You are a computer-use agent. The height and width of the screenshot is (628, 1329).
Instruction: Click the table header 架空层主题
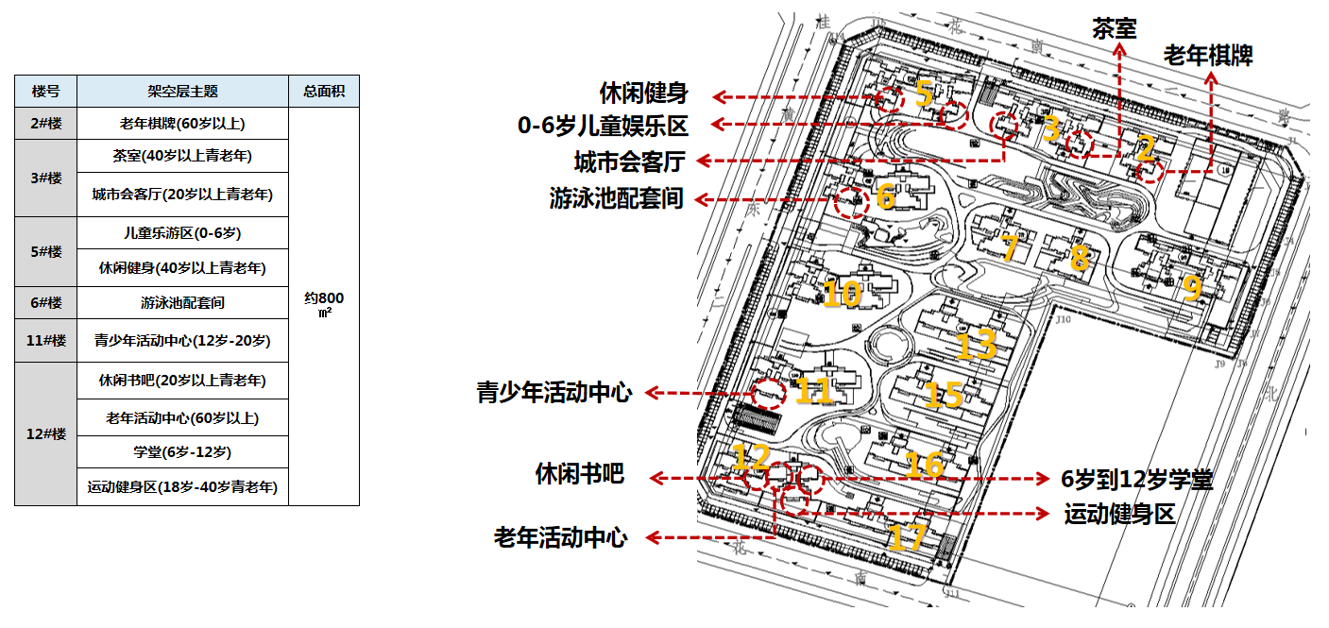(182, 92)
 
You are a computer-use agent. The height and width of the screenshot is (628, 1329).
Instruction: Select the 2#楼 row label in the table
(45, 124)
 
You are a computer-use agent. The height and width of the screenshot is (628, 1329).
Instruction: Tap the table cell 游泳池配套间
(182, 303)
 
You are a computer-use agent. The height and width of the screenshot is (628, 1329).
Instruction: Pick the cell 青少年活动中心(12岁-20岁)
(182, 340)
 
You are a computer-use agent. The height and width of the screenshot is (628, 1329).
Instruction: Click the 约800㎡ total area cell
(324, 304)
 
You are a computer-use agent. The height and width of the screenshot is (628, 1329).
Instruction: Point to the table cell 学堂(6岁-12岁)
(182, 452)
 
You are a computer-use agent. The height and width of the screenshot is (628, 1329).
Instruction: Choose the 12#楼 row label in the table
(45, 433)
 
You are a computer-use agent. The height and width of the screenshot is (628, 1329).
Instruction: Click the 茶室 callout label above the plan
(1115, 27)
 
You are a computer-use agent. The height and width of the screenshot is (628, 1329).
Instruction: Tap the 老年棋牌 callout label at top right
(1208, 56)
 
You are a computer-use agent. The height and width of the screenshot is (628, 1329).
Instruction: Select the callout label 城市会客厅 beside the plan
(629, 161)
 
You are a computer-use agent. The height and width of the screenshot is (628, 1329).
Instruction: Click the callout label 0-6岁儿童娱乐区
(603, 126)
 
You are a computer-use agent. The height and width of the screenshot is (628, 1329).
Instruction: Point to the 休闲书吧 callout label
(580, 474)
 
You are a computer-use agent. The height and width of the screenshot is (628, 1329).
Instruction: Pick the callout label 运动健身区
(1119, 515)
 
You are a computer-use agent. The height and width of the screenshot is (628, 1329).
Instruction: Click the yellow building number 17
(907, 537)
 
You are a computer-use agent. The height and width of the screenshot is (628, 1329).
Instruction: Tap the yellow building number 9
(1192, 287)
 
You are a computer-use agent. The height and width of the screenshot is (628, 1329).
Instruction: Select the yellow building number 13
(977, 344)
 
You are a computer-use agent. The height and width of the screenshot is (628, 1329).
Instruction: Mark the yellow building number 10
(843, 294)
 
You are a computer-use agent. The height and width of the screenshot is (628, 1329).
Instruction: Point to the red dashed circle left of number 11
(767, 393)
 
